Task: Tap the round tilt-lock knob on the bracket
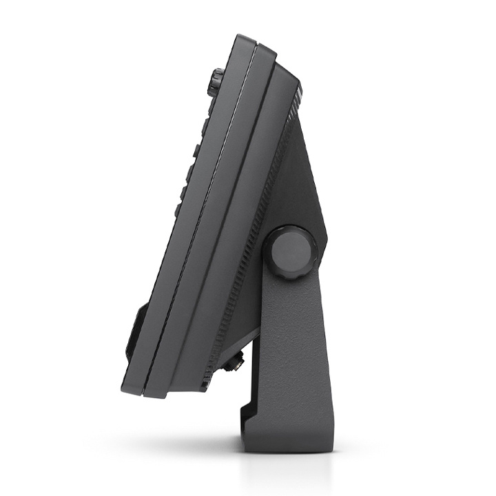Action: [289, 252]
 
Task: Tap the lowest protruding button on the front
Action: [179, 207]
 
